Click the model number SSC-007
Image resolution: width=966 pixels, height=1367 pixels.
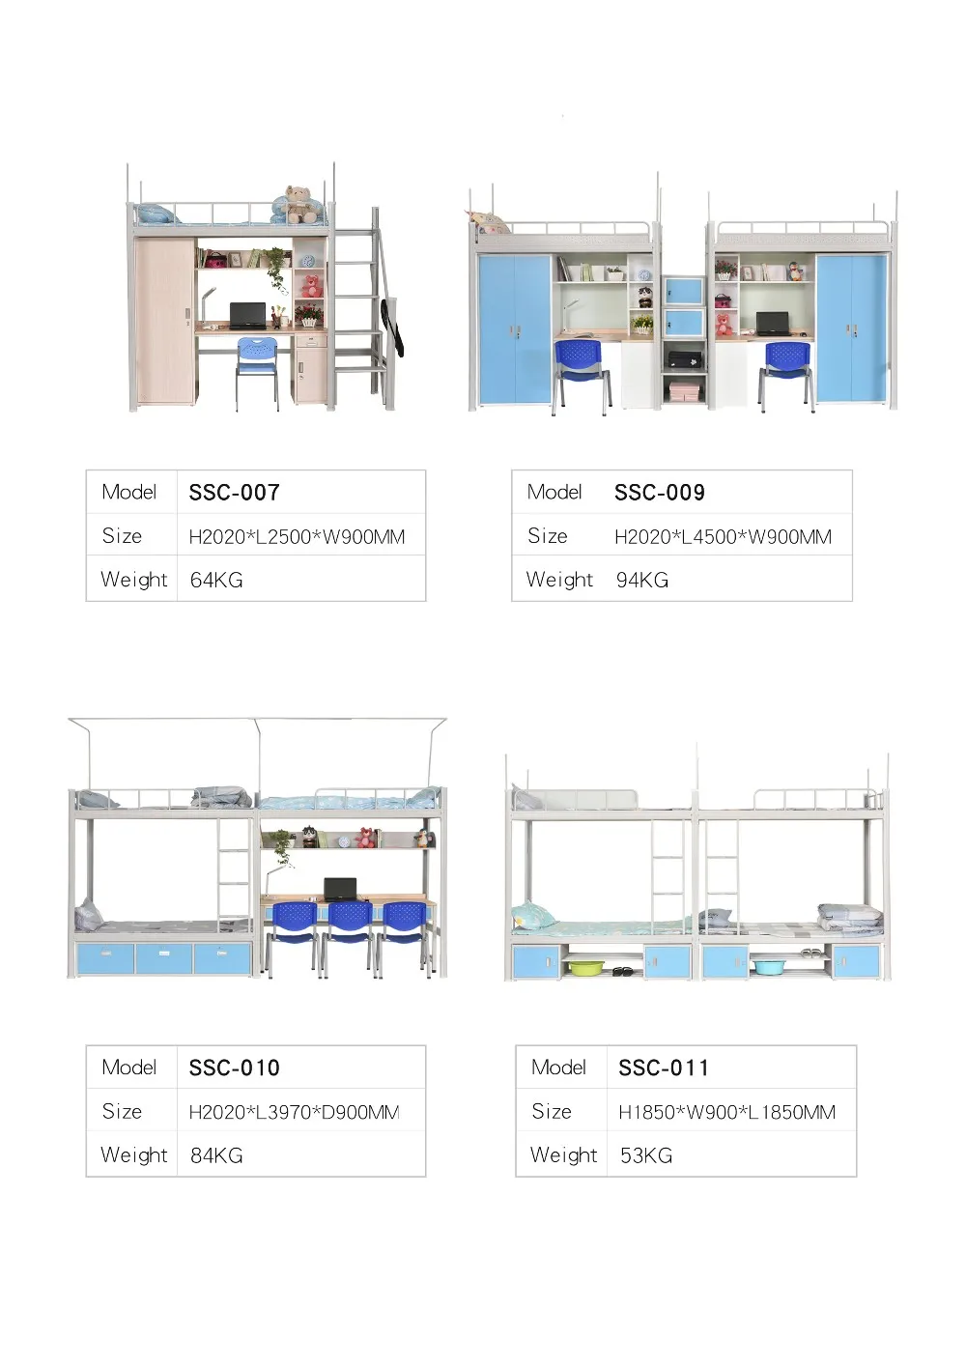click(234, 493)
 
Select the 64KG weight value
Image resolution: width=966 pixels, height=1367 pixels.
click(216, 580)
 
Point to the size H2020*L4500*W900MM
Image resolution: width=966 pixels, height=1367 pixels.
click(723, 537)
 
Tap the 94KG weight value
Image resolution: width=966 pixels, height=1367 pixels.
click(642, 580)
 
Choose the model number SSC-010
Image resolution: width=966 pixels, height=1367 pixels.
click(234, 1068)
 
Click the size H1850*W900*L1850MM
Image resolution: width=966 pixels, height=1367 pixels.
click(726, 1112)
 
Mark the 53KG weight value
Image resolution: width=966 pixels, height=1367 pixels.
click(646, 1155)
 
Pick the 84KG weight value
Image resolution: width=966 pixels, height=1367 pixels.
click(216, 1155)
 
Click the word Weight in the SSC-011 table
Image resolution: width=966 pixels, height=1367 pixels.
click(563, 1155)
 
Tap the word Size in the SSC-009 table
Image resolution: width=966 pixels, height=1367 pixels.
click(548, 536)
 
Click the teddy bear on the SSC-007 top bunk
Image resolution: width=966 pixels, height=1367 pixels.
click(300, 204)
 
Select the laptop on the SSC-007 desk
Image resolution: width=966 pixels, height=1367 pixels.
click(248, 315)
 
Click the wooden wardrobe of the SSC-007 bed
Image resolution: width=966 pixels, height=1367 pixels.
click(165, 321)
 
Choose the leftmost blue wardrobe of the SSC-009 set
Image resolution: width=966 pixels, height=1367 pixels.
click(514, 328)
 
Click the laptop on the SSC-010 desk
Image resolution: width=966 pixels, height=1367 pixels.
click(339, 889)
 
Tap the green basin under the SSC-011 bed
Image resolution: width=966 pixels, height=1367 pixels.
click(586, 966)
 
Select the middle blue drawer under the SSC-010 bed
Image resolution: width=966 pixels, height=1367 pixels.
click(164, 959)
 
